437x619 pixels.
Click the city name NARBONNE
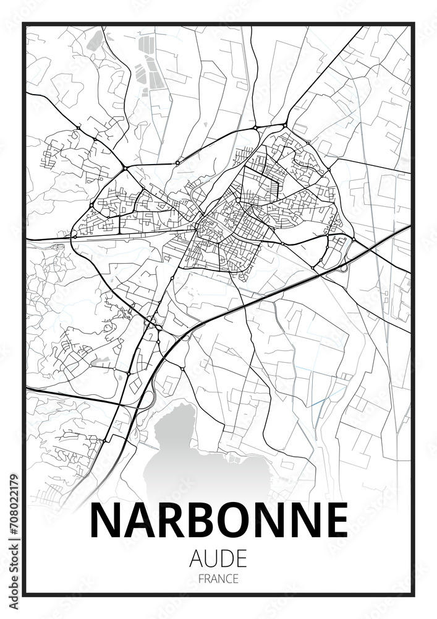point(219,520)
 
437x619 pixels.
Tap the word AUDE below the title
point(219,558)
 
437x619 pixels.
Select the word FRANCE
point(218,579)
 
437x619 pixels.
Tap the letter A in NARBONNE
point(136,520)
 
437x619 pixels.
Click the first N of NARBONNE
point(105,520)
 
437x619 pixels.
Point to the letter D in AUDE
point(227,558)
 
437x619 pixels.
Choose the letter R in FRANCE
point(207,579)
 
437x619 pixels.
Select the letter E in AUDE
point(241,558)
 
